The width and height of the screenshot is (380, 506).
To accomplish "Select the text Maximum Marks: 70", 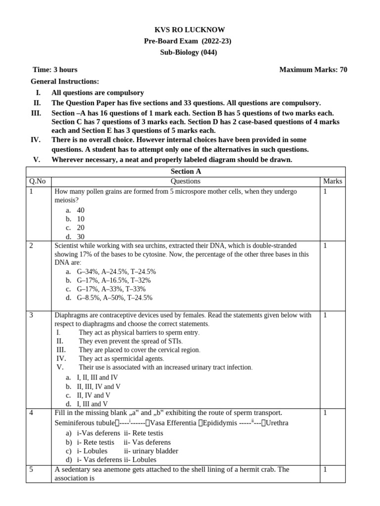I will click(313, 70).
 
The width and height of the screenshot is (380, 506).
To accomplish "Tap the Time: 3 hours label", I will click(55, 70).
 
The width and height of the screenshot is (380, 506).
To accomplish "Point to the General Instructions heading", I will click(65, 81).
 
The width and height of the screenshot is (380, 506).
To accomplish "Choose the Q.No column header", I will click(38, 181).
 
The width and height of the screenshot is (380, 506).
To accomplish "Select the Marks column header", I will click(332, 181).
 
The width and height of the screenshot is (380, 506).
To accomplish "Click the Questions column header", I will click(186, 181).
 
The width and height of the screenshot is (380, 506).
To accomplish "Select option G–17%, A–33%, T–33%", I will click(111, 289).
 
